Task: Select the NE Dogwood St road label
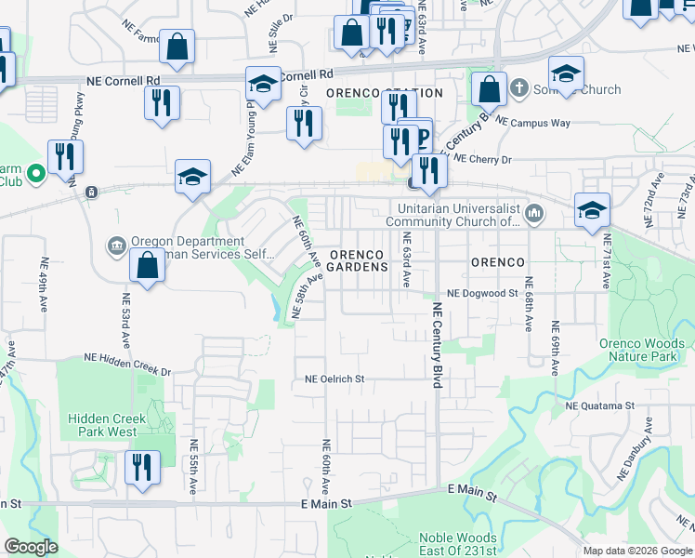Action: click(x=481, y=293)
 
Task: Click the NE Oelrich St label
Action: click(x=335, y=379)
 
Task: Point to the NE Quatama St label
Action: click(x=599, y=406)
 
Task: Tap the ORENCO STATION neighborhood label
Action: click(x=385, y=94)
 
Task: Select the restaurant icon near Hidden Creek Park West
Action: click(x=142, y=467)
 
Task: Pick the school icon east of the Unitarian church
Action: click(x=592, y=209)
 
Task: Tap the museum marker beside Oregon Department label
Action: click(x=117, y=246)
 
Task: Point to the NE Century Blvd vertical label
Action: click(x=437, y=344)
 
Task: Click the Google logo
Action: click(x=31, y=547)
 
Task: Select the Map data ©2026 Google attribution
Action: click(x=637, y=551)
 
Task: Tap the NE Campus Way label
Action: click(x=532, y=122)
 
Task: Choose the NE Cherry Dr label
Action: click(x=481, y=160)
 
